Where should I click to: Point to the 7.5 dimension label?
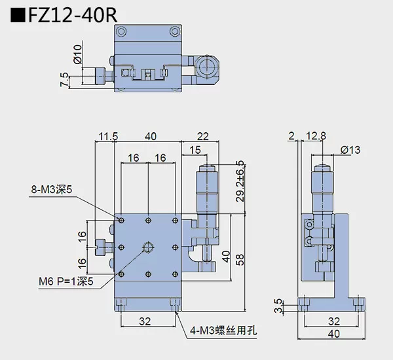click(x=64, y=81)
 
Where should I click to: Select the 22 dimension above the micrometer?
click(x=202, y=136)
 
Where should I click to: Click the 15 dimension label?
click(x=195, y=151)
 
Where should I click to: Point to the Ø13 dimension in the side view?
click(x=350, y=150)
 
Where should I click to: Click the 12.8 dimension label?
click(x=316, y=136)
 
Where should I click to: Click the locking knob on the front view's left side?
click(x=102, y=247)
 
